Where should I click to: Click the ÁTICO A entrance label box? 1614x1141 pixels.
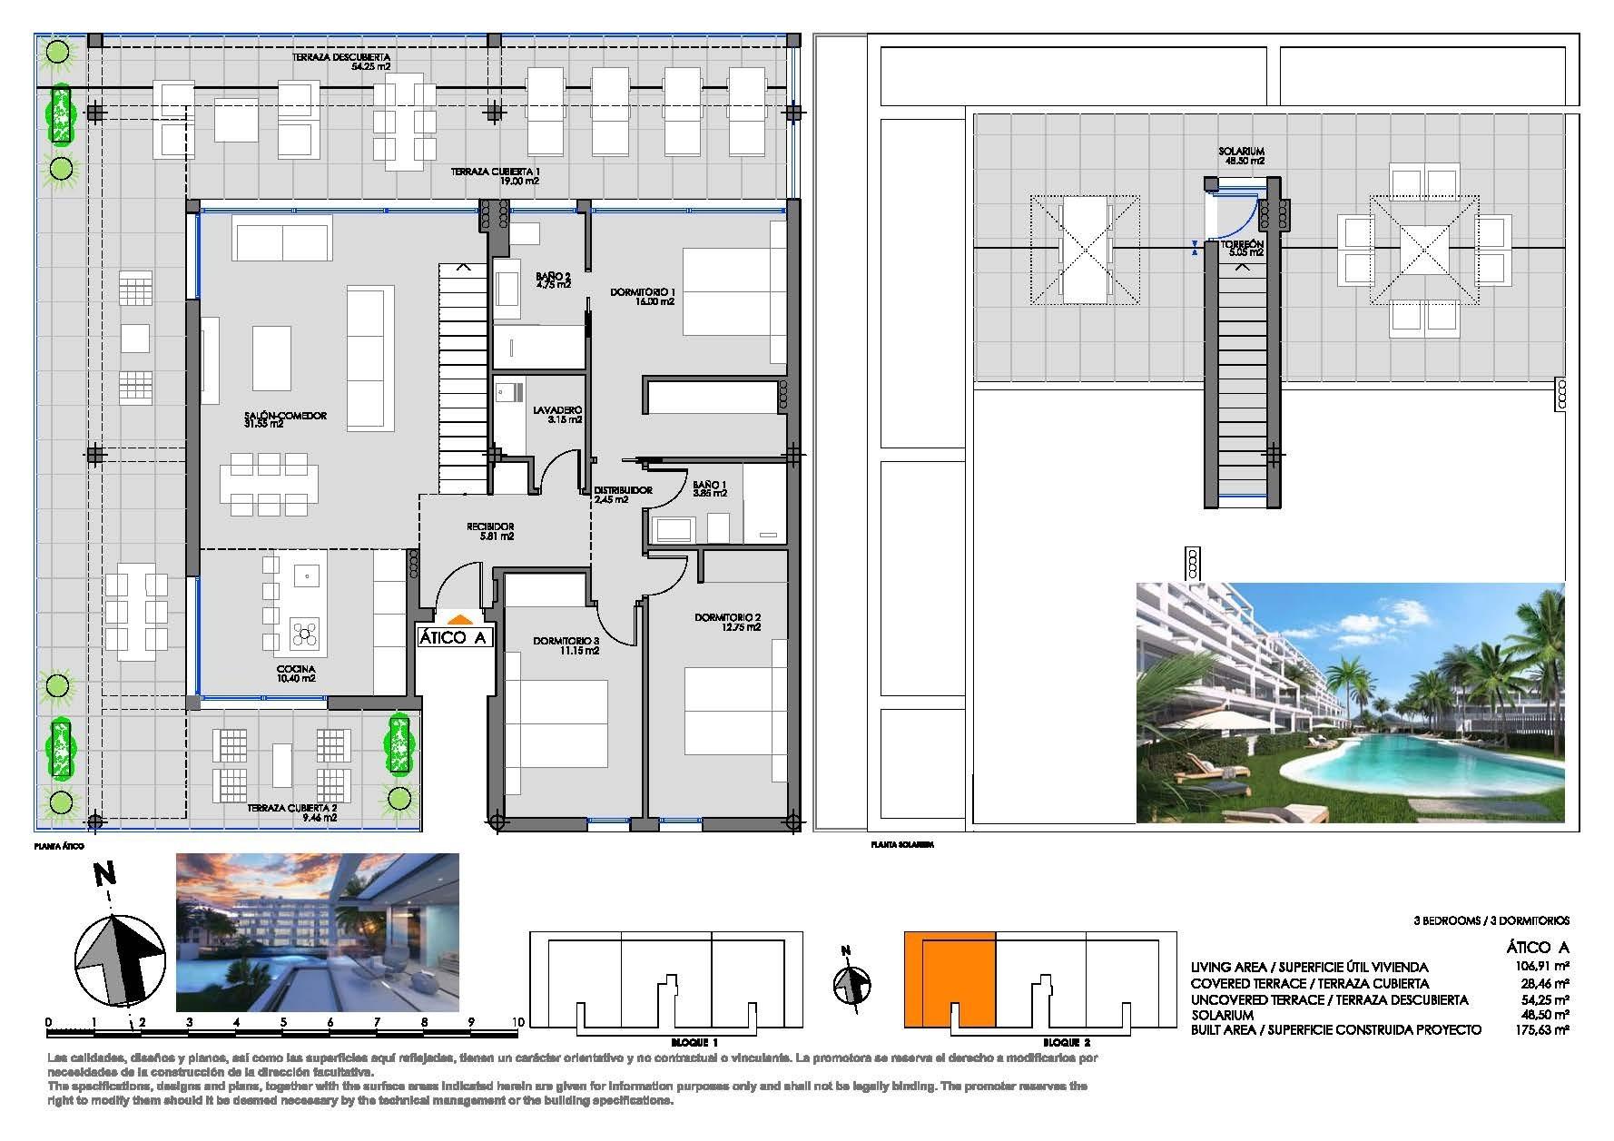coord(454,637)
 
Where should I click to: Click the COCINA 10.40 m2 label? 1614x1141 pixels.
coord(297,673)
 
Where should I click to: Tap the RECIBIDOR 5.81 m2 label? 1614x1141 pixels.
coord(490,531)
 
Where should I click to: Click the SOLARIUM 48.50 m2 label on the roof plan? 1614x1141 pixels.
coord(1243,156)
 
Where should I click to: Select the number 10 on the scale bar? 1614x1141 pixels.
coord(517,1021)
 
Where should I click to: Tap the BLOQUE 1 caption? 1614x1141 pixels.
coord(666,1043)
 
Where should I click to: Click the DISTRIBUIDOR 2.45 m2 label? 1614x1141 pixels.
coord(623,494)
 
